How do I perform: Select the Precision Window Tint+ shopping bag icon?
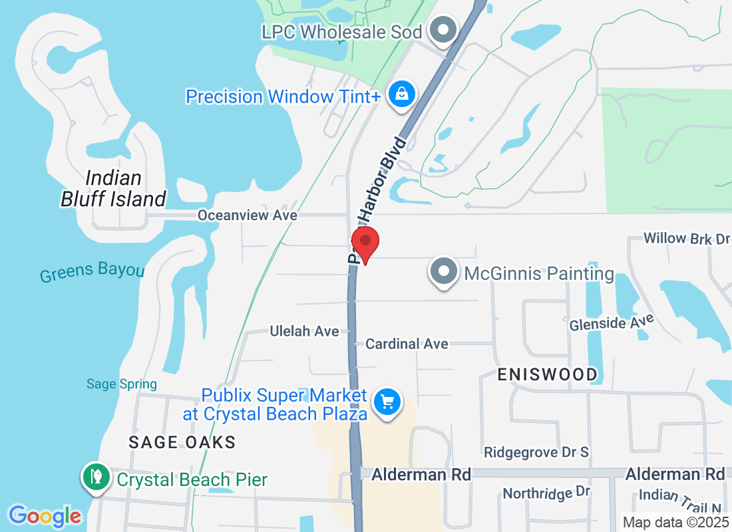403,94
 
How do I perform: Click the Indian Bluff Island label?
113,188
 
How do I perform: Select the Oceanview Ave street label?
247,215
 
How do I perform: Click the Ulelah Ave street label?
304,331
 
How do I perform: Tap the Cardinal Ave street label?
407,344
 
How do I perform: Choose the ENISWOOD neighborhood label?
548,374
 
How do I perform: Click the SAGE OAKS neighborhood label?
182,442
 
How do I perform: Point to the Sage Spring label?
122,384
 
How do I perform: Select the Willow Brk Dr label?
687,238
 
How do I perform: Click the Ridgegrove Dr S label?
536,452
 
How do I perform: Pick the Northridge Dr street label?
546,493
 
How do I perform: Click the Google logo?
45,516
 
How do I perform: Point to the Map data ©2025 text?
675,523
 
